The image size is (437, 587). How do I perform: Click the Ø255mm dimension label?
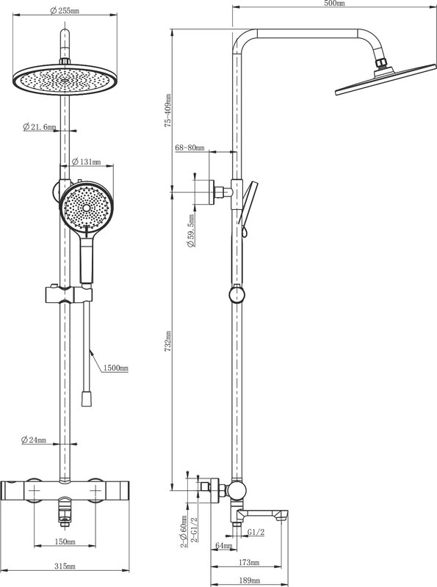[65, 11]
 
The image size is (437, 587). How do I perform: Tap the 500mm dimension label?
[334, 4]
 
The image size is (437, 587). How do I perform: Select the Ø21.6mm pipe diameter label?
[40, 127]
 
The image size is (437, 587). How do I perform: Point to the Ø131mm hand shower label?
[86, 161]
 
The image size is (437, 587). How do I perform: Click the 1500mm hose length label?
[115, 368]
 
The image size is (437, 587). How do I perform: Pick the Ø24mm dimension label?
[34, 440]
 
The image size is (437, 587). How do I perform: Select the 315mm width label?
[65, 566]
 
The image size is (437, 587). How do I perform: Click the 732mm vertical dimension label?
[168, 340]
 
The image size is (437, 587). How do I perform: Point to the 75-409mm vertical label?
[168, 111]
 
